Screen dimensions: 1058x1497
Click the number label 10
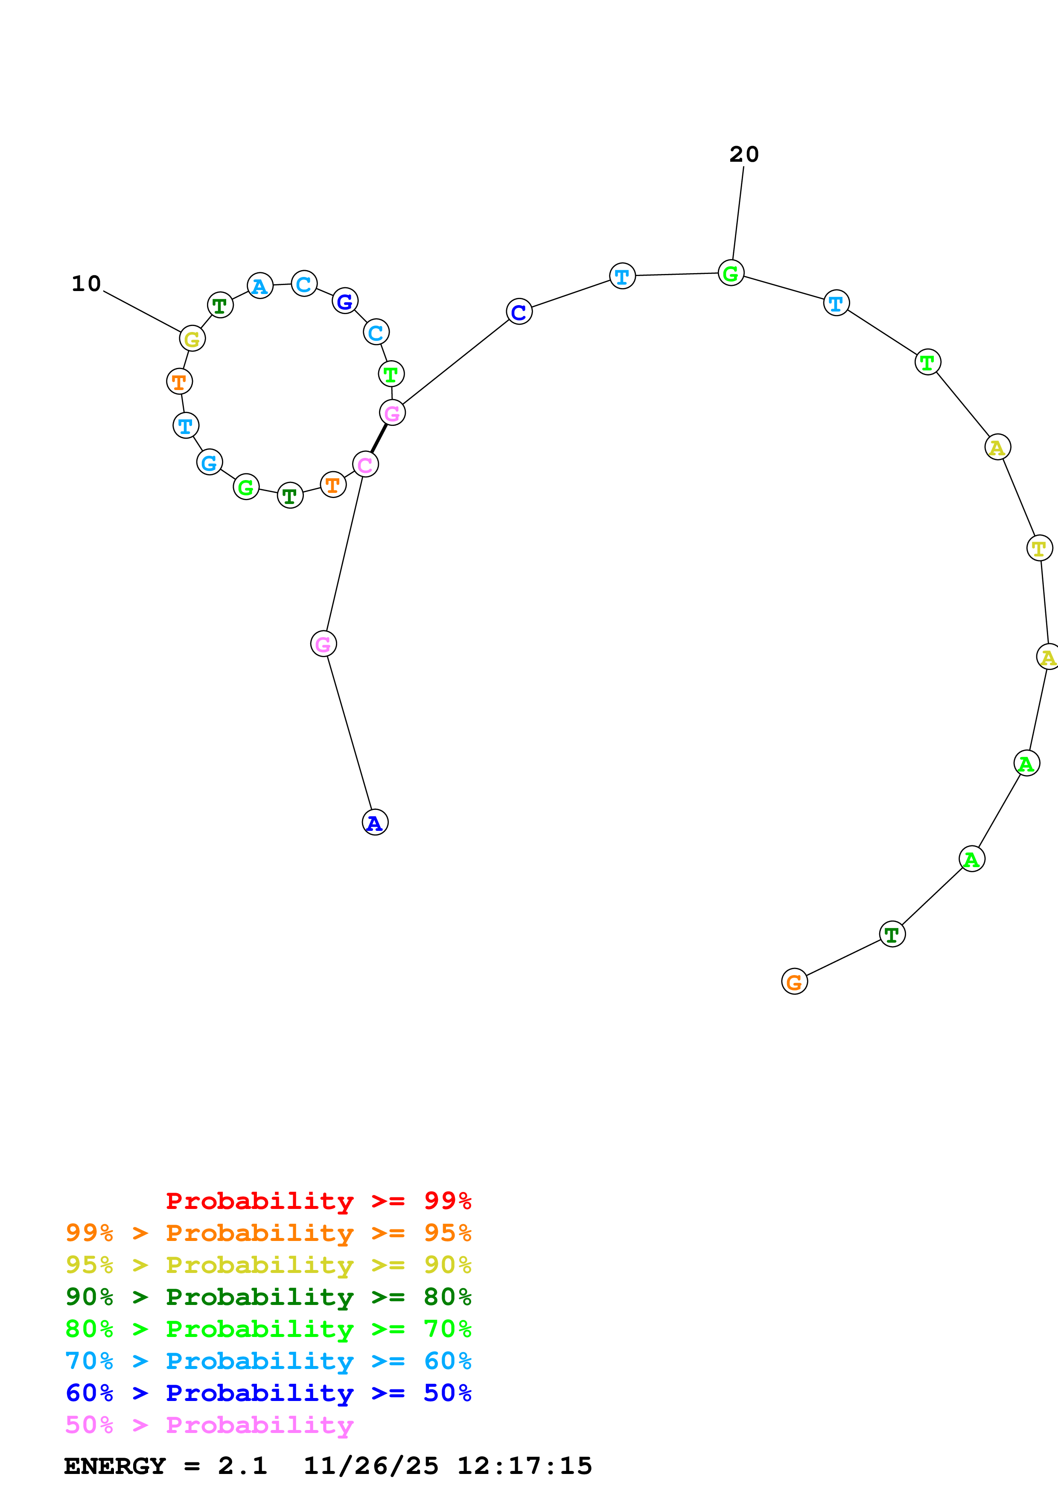pyautogui.click(x=86, y=284)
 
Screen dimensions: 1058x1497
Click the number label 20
pyautogui.click(x=744, y=154)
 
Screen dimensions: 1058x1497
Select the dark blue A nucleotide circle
pyautogui.click(x=375, y=822)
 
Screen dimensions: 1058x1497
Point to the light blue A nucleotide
pyautogui.click(x=260, y=285)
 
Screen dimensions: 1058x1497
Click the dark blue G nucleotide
pyautogui.click(x=345, y=301)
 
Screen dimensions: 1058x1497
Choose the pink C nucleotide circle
pyautogui.click(x=365, y=464)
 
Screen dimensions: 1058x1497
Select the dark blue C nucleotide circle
pyautogui.click(x=519, y=312)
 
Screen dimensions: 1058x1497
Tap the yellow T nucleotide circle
pyautogui.click(x=1039, y=548)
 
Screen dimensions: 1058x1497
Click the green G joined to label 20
pyautogui.click(x=731, y=273)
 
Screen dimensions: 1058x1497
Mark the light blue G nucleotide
pyautogui.click(x=209, y=462)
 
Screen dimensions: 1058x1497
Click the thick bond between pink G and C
pyautogui.click(x=379, y=438)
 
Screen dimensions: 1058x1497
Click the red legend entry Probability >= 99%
pyautogui.click(x=318, y=1201)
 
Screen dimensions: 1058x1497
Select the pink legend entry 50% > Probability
pyautogui.click(x=209, y=1425)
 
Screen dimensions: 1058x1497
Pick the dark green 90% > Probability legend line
pyautogui.click(x=268, y=1297)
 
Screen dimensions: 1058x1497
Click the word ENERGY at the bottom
pyautogui.click(x=115, y=1466)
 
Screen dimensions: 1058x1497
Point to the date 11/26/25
pyautogui.click(x=371, y=1466)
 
